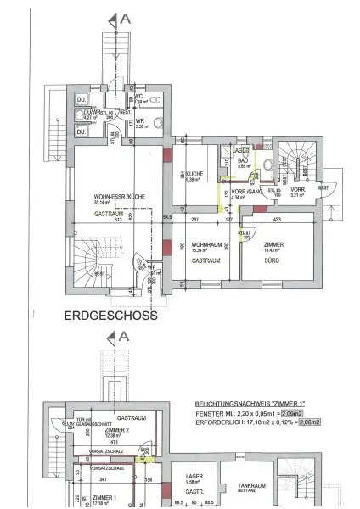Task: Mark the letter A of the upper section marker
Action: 125,16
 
